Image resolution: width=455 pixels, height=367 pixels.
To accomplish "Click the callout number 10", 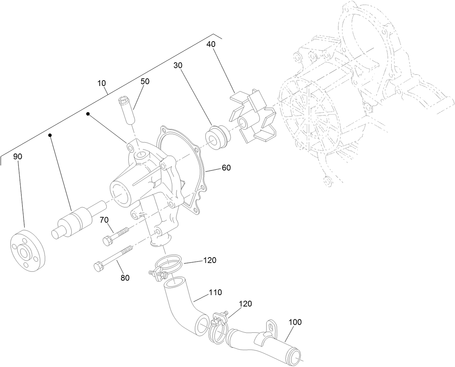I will pos(102,83).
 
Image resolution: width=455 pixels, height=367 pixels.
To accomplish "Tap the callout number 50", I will pos(145,82).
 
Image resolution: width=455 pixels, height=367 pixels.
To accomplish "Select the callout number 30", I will pos(178,65).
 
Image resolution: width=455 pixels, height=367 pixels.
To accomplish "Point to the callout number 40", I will pos(211,44).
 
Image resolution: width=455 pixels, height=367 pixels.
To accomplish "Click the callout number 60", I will pos(226,168).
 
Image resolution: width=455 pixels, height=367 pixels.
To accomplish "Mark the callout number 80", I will pos(125,278).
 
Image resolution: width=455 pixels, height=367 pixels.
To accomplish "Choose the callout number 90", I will pos(18,156).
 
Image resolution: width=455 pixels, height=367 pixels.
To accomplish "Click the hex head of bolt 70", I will pos(108,240).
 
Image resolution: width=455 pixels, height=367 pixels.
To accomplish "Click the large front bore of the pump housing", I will pos(122,194).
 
